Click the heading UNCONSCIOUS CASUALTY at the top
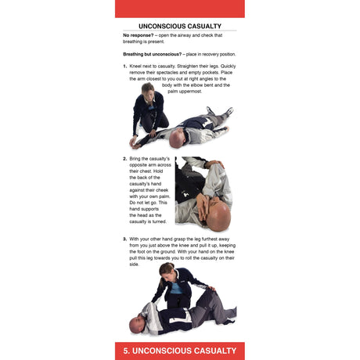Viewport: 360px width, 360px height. pos(179,26)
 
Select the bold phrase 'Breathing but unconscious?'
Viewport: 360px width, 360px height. pos(153,53)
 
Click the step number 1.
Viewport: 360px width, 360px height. pos(124,67)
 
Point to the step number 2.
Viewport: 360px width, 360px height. pos(124,159)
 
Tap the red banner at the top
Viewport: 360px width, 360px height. pos(179,8)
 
